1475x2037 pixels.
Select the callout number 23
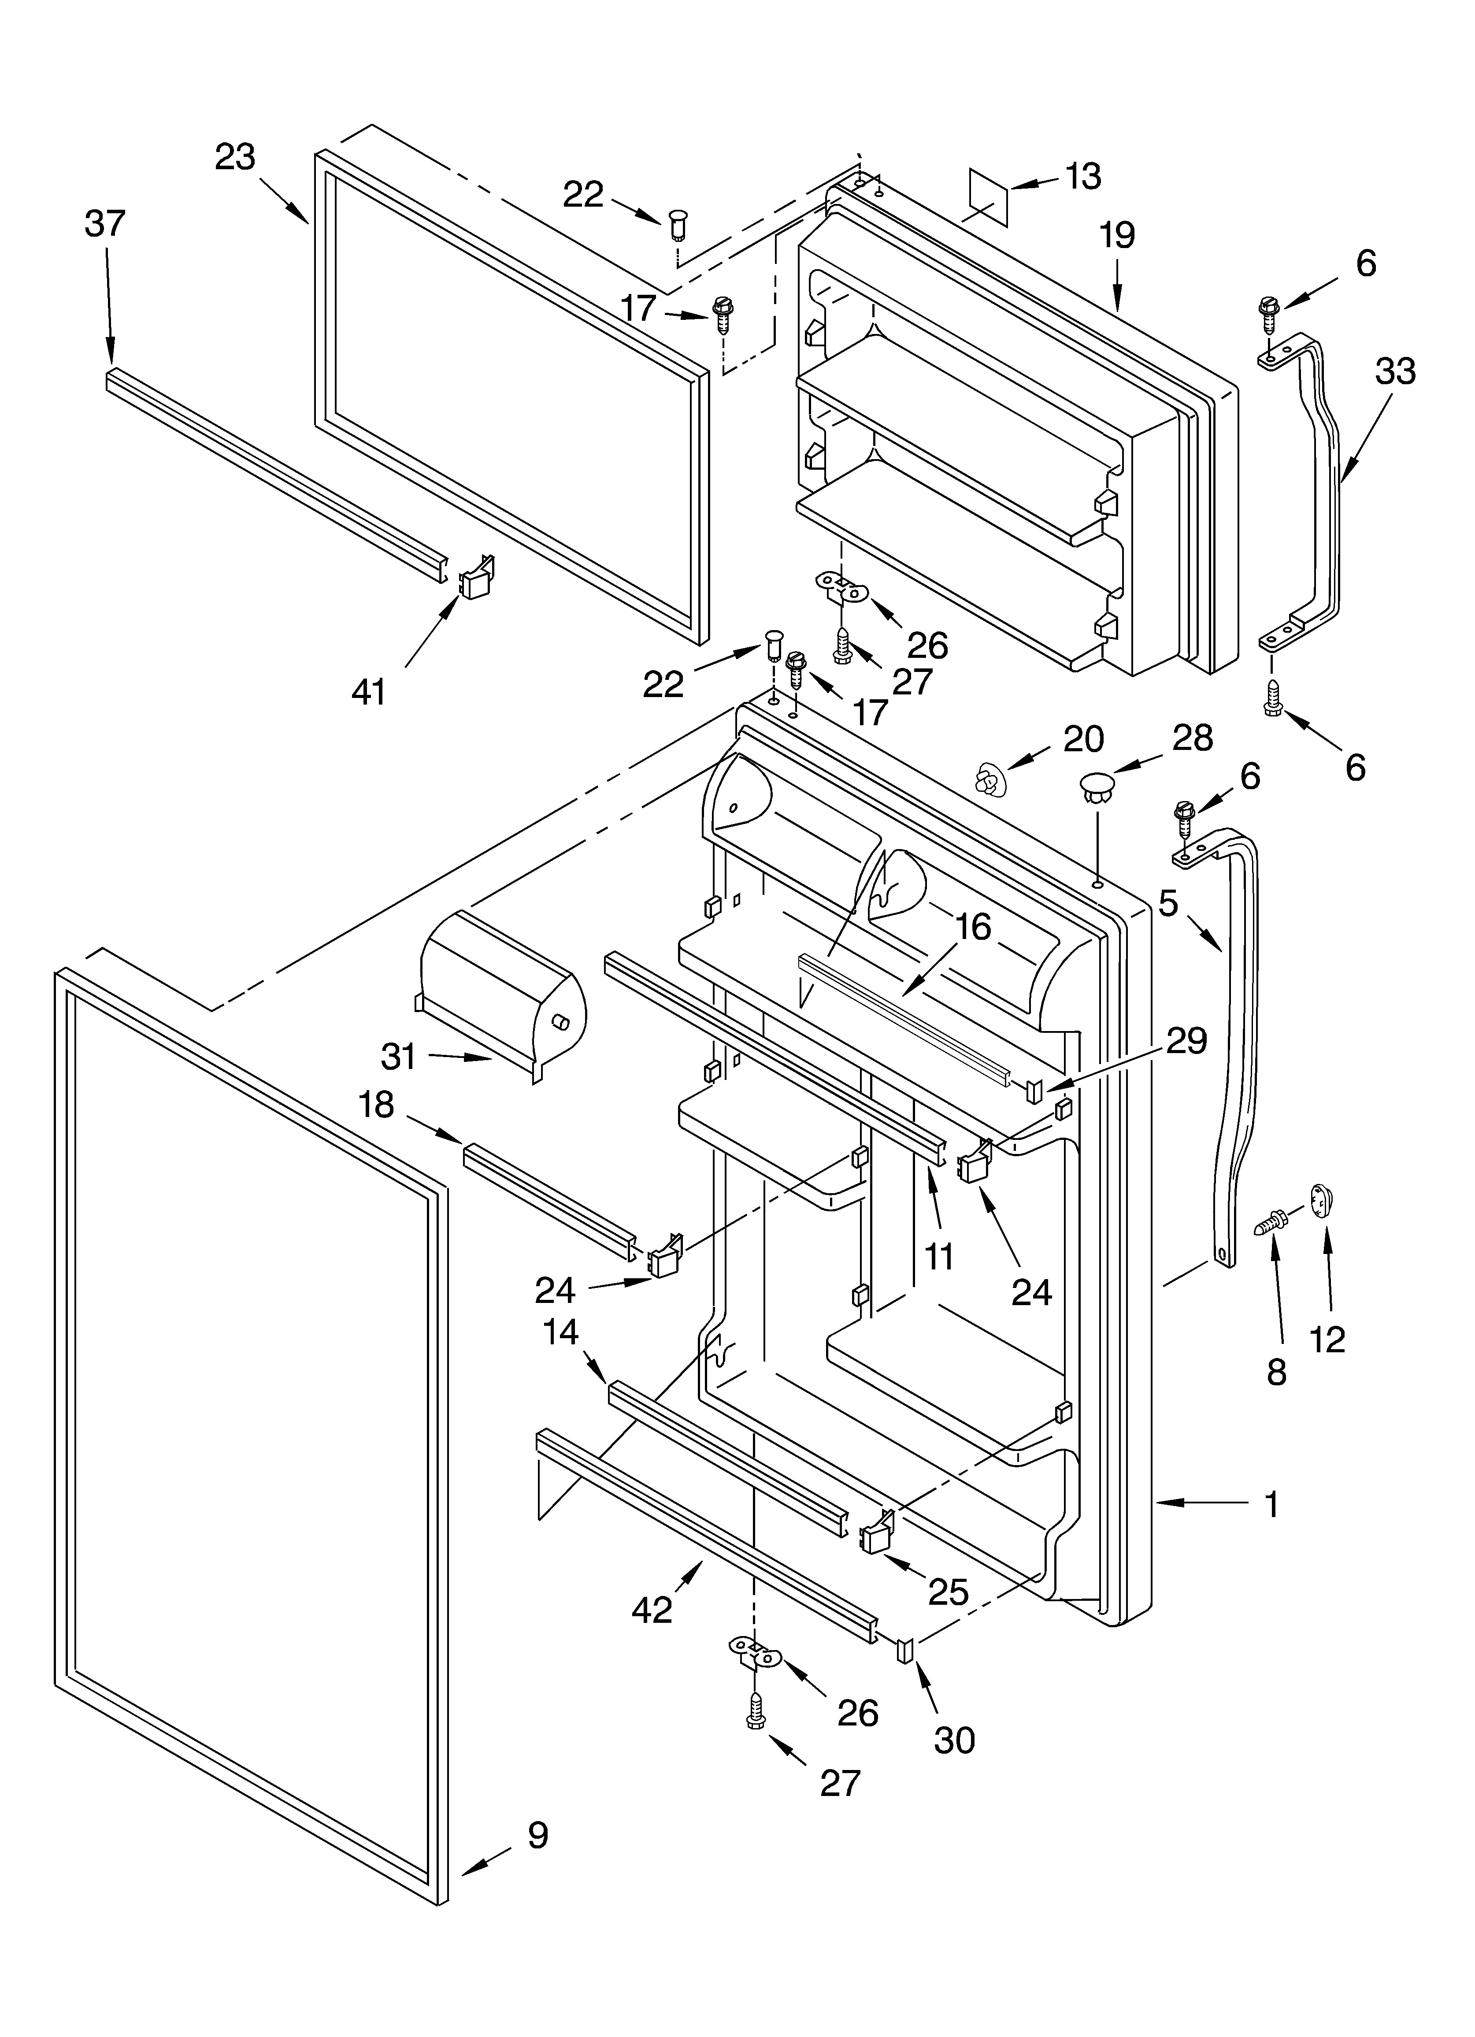[235, 157]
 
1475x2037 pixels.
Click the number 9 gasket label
[537, 1835]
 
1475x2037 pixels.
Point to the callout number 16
[972, 926]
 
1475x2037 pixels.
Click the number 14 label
[560, 1332]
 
